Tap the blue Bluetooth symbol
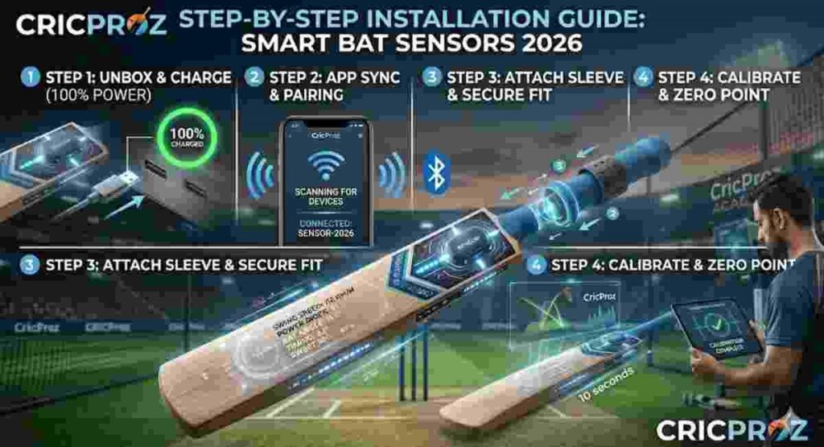[x=435, y=172]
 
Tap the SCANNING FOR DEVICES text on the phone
[x=326, y=195]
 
